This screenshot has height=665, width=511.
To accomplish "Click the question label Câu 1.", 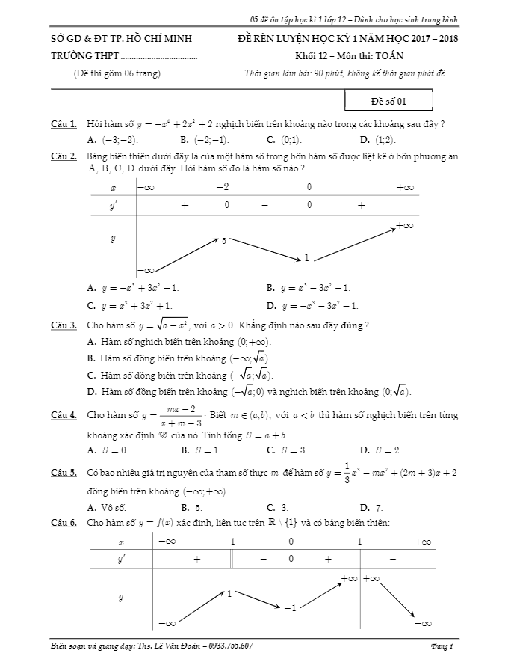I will click(64, 123).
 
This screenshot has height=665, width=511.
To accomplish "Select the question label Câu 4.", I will click(64, 414).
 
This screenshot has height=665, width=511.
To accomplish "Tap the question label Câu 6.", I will click(64, 523).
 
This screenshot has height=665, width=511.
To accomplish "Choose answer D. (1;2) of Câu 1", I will click(377, 140).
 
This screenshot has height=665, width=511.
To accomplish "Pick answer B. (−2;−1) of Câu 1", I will click(205, 140).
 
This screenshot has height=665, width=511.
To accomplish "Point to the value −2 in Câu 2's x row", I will click(222, 186).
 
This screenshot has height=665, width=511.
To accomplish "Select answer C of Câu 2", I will click(129, 305).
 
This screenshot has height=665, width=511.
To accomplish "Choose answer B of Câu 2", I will click(308, 287).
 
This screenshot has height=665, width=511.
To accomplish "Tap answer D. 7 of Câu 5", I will click(371, 507).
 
